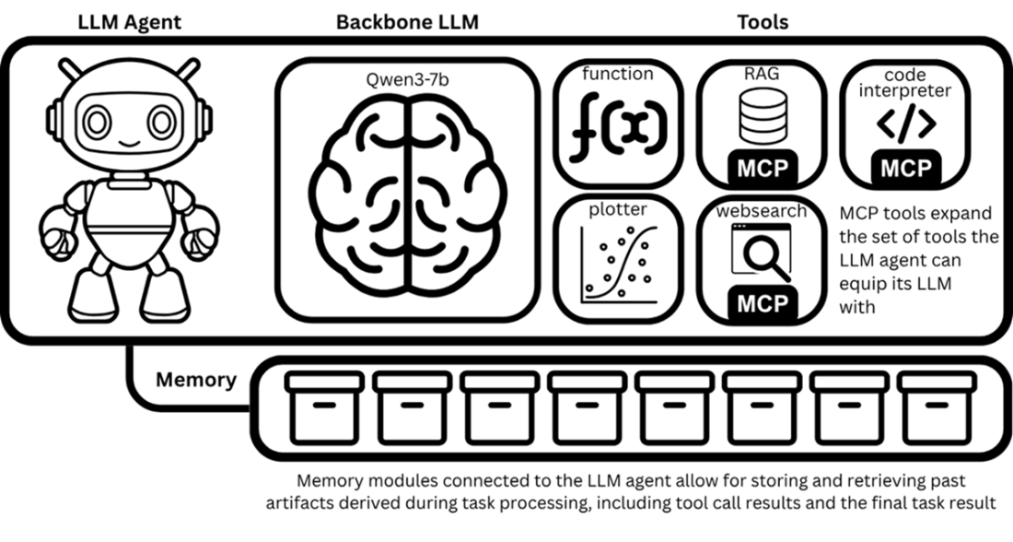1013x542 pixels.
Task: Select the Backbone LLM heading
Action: coord(407,21)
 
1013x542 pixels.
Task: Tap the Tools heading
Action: coord(763,21)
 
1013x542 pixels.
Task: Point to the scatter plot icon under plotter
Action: coord(619,265)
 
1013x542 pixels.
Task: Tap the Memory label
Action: coord(195,379)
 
